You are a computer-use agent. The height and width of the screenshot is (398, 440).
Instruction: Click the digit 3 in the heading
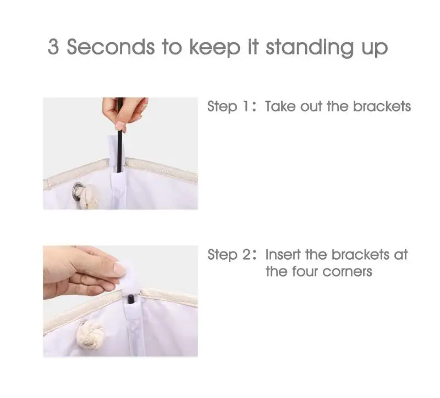click(x=53, y=47)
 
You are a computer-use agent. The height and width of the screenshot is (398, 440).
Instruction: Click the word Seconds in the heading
click(x=111, y=47)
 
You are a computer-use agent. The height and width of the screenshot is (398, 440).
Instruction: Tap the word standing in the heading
click(x=310, y=48)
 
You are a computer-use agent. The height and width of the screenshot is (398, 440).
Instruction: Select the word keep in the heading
click(x=215, y=48)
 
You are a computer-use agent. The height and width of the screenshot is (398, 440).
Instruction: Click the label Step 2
click(x=229, y=255)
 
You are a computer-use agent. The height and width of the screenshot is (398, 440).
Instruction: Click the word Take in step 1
click(x=280, y=106)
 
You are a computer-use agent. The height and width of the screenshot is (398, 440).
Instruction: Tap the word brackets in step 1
click(x=382, y=106)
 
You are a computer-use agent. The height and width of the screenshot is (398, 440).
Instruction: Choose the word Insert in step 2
click(x=283, y=255)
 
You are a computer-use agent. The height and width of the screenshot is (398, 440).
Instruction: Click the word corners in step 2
click(x=348, y=272)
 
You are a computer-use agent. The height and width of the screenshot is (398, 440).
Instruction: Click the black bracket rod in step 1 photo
click(x=120, y=134)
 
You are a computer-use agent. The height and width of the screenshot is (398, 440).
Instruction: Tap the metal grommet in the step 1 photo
click(x=78, y=190)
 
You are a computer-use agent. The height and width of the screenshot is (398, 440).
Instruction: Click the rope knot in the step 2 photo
click(x=90, y=334)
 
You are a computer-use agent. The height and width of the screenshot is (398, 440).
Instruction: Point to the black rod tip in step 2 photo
click(x=131, y=299)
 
